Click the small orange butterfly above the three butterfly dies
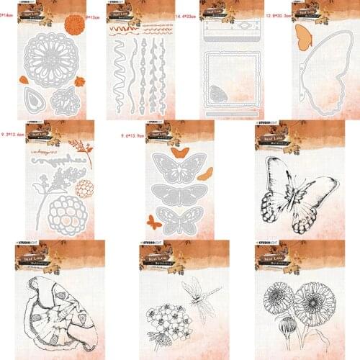click(x=181, y=153)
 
